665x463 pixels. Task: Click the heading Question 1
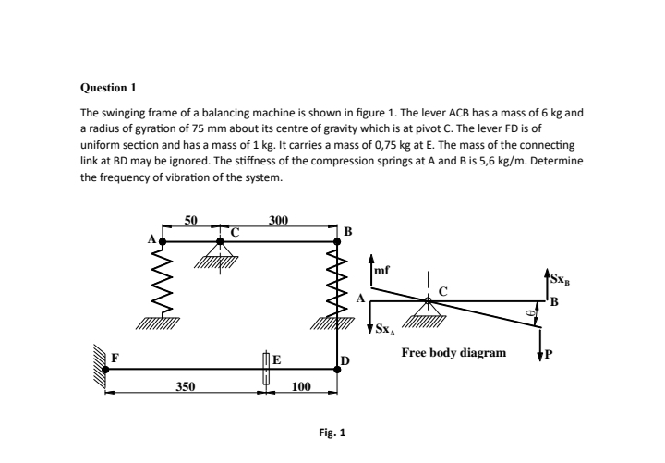point(109,88)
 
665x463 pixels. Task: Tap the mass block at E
point(266,368)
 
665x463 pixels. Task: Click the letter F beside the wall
point(115,357)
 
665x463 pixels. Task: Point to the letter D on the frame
point(345,359)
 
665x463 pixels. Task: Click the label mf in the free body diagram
point(381,271)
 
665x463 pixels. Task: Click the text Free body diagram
point(453,353)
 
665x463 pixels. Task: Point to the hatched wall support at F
point(97,369)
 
